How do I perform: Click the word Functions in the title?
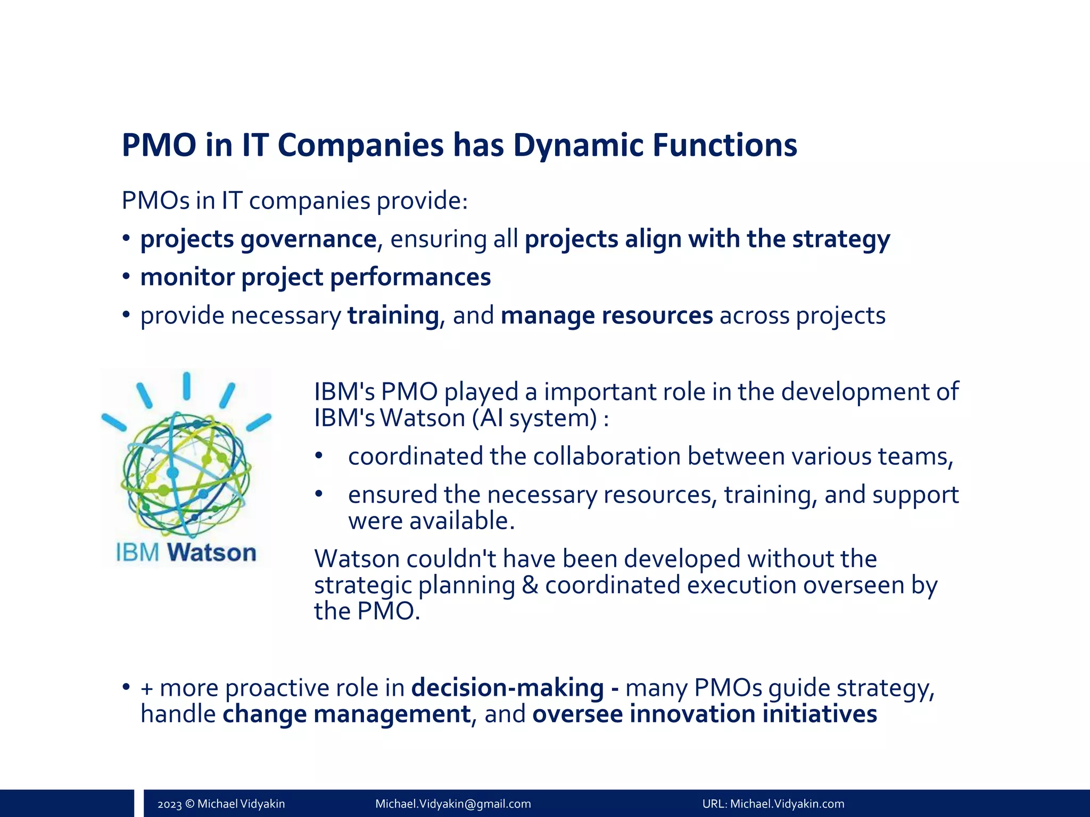click(725, 145)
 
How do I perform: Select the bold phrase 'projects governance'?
click(258, 239)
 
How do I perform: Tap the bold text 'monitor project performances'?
click(315, 277)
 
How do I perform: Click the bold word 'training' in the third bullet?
click(393, 315)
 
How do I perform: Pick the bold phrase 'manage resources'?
click(606, 315)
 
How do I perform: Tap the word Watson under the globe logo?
click(212, 553)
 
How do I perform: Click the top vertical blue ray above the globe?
click(187, 386)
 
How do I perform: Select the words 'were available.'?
click(431, 521)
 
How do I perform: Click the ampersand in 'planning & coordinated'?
click(530, 585)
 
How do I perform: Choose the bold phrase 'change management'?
click(346, 714)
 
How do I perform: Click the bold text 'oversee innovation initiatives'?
click(704, 714)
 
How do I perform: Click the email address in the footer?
click(453, 804)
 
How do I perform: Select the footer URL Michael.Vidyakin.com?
click(787, 804)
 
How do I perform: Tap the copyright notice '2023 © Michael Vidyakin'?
click(221, 804)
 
